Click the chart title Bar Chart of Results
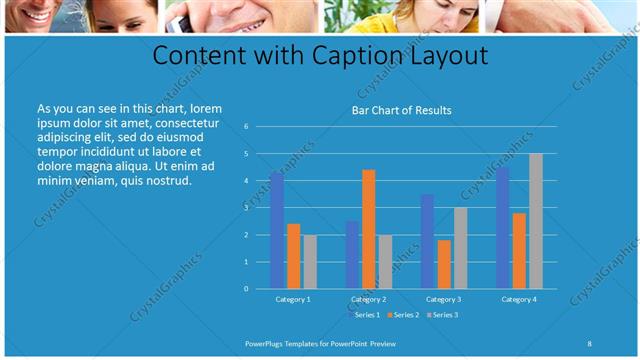pos(401,110)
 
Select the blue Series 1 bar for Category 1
pos(277,230)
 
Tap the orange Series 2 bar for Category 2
pos(369,229)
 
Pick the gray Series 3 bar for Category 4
pos(536,221)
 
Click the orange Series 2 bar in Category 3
pos(444,264)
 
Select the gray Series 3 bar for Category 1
pos(310,261)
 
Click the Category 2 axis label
pos(369,299)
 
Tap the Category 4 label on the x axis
pos(519,299)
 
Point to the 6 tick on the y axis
pos(246,127)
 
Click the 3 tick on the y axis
pos(246,208)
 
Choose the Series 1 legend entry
pos(366,315)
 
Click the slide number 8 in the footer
pos(590,343)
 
